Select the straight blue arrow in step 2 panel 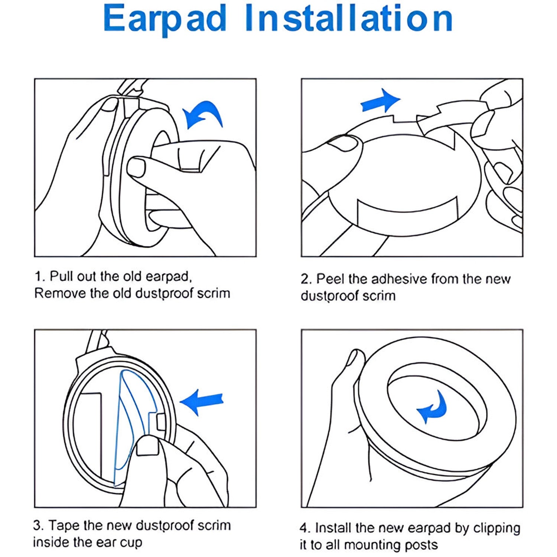pos(381,100)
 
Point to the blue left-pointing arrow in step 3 pos(202,402)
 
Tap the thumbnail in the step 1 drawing pos(136,167)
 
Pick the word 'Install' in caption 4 pos(333,528)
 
